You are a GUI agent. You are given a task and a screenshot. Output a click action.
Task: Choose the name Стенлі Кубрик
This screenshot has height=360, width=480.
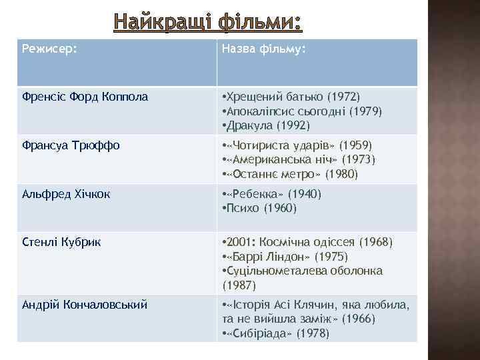(59, 241)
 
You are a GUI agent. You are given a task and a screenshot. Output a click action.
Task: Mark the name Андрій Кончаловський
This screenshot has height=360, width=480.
(85, 304)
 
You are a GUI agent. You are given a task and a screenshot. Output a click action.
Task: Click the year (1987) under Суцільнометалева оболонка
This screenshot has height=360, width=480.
(239, 284)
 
